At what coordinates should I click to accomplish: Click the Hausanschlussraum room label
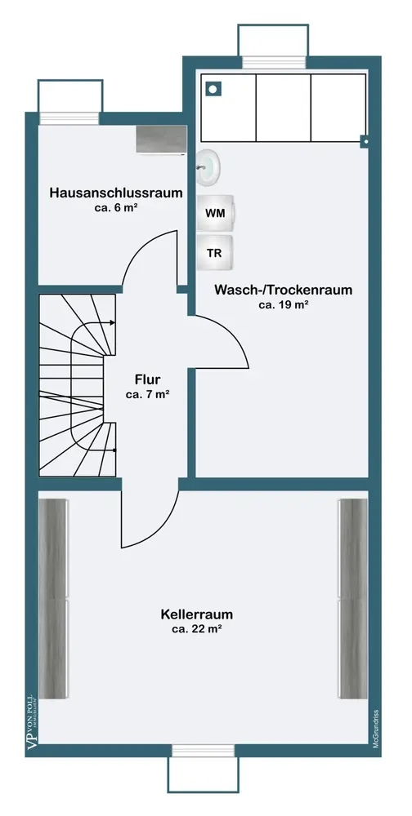click(x=116, y=193)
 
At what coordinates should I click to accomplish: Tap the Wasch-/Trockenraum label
click(x=283, y=290)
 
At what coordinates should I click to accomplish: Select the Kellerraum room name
click(x=197, y=614)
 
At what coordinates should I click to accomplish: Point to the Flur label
click(x=147, y=379)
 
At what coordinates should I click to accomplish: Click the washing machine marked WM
click(x=215, y=213)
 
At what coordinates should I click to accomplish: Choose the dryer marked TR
click(x=215, y=253)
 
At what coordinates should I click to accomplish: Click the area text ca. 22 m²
click(x=197, y=629)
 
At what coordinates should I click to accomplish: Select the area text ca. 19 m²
click(x=283, y=305)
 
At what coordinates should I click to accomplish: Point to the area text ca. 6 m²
click(x=116, y=207)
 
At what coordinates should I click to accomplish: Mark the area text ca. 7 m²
click(x=148, y=394)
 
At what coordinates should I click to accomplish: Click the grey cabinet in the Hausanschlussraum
click(x=161, y=140)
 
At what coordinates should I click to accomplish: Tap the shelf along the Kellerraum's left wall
click(x=54, y=598)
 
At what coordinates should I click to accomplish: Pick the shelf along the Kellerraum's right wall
click(x=353, y=598)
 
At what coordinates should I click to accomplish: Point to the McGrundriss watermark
click(x=375, y=730)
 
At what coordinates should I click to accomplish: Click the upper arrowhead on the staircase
click(x=113, y=322)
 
